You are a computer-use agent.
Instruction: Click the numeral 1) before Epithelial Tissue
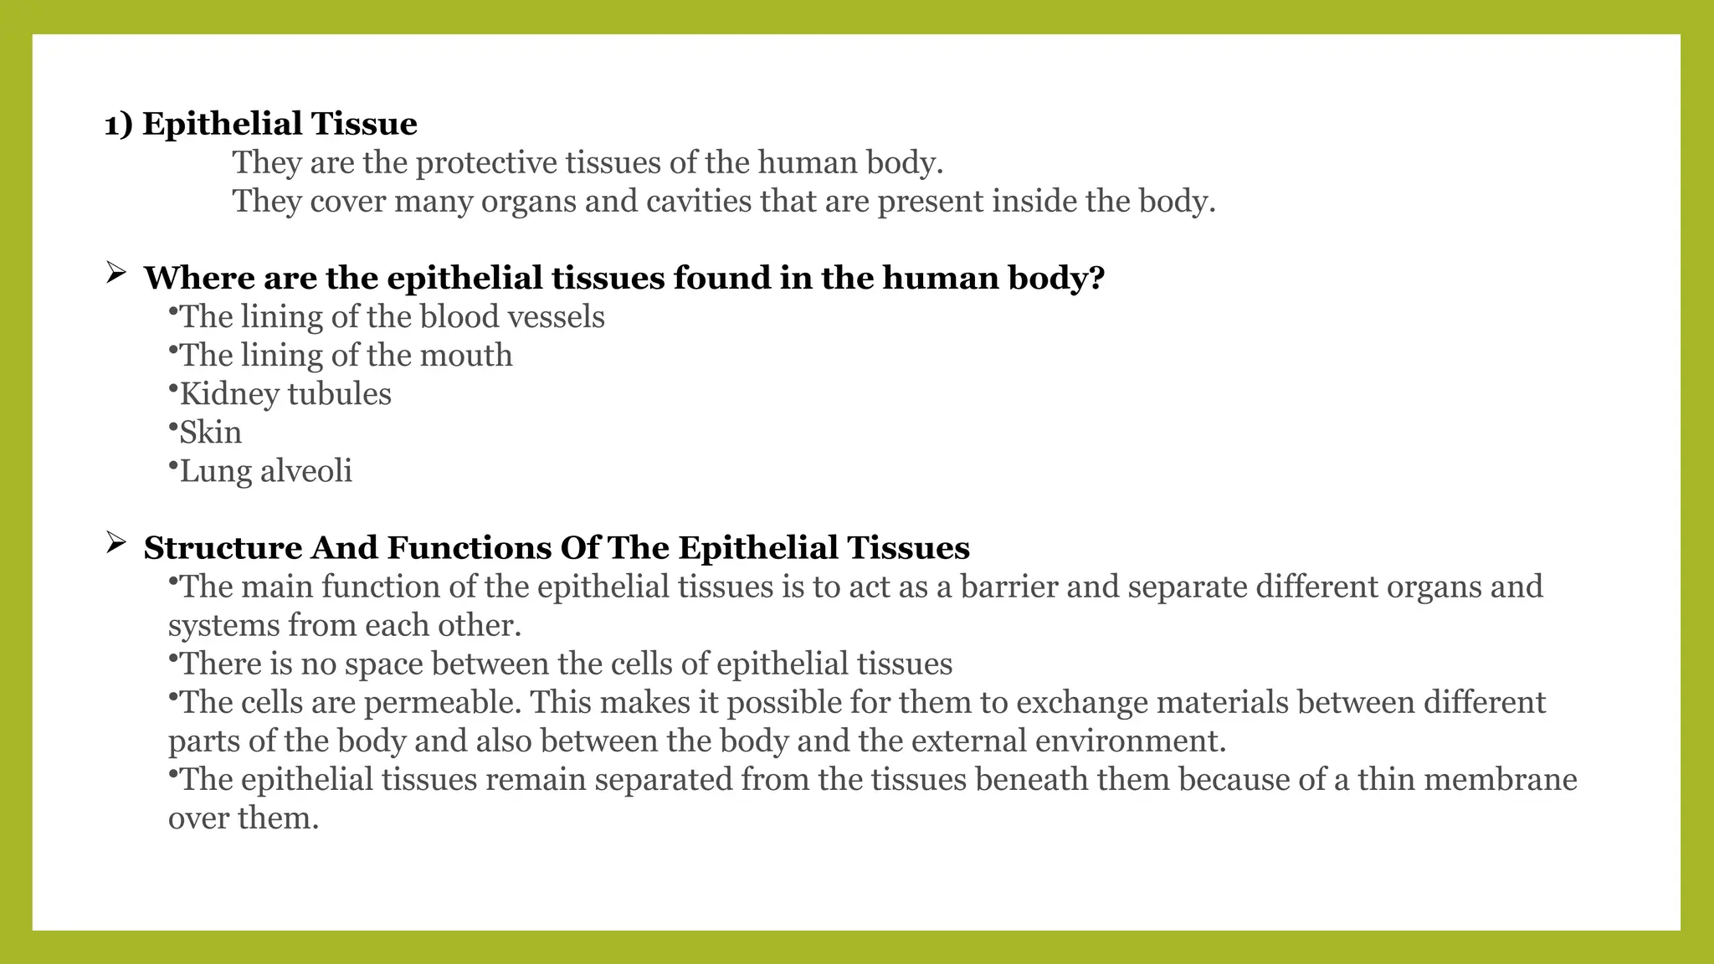[118, 125]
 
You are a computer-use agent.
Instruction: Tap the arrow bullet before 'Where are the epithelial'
[115, 272]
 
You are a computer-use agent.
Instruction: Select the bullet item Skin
[210, 433]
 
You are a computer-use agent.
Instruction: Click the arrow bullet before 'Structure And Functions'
[115, 544]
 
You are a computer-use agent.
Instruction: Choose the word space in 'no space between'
[383, 664]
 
